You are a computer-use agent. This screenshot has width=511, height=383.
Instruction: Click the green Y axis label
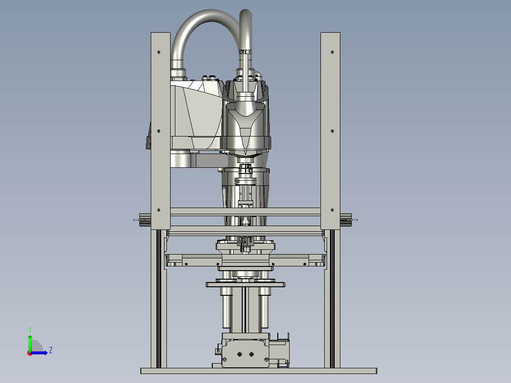(30, 330)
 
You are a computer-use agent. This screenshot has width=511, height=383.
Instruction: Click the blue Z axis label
(51, 350)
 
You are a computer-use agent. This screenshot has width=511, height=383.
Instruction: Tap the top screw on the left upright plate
(159, 52)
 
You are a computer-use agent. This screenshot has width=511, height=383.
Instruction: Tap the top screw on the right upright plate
(332, 52)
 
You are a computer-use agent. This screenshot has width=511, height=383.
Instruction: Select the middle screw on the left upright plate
(159, 131)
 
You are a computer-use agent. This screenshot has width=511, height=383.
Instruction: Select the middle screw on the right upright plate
(332, 131)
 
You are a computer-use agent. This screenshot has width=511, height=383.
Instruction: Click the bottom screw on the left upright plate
(159, 210)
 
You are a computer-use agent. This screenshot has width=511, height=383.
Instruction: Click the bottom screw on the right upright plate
(332, 210)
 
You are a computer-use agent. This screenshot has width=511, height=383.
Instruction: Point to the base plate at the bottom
(259, 371)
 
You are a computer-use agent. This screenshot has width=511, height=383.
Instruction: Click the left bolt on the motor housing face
(239, 354)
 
